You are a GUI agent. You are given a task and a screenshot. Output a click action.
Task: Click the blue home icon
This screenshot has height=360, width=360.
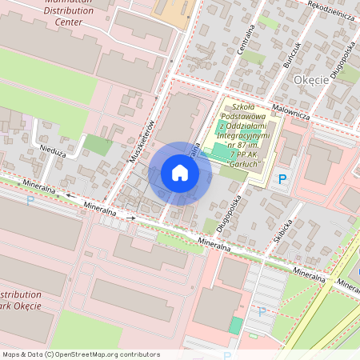tap(180, 173)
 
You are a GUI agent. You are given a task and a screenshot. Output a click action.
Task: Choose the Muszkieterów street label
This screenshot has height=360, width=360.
tap(143, 142)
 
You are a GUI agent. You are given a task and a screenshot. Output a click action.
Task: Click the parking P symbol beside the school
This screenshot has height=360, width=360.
tap(281, 179)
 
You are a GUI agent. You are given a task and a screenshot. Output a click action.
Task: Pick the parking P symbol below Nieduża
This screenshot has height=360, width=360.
tap(30, 201)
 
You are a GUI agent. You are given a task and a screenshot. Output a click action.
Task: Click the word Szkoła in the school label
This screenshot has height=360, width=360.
tap(242, 106)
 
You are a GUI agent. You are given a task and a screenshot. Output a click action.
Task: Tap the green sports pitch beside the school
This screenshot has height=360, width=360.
tap(219, 151)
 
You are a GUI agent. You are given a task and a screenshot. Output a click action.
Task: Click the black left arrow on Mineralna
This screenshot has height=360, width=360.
tap(69, 194)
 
